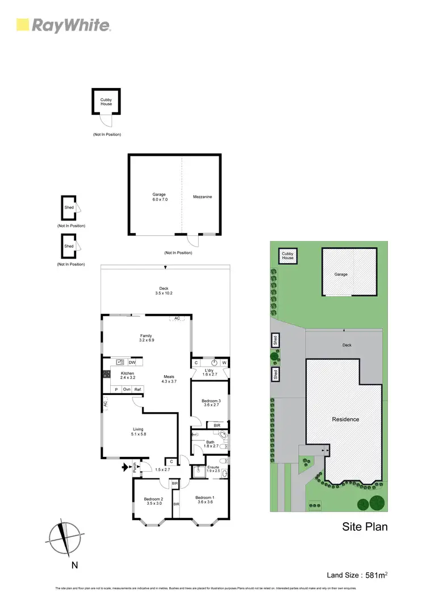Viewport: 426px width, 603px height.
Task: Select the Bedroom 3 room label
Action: pos(211,404)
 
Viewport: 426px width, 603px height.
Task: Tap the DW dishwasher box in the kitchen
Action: pos(132,362)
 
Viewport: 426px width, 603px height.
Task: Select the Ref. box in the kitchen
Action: pos(137,389)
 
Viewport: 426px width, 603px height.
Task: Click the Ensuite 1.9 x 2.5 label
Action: pos(214,469)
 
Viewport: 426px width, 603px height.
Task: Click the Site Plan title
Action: pos(365,526)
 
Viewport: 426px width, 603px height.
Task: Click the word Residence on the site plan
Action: pos(345,419)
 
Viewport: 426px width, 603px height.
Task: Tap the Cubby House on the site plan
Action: pos(288,256)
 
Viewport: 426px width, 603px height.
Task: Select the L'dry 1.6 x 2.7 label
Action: pos(210,373)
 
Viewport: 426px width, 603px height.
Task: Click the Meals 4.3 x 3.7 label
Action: pos(169,379)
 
